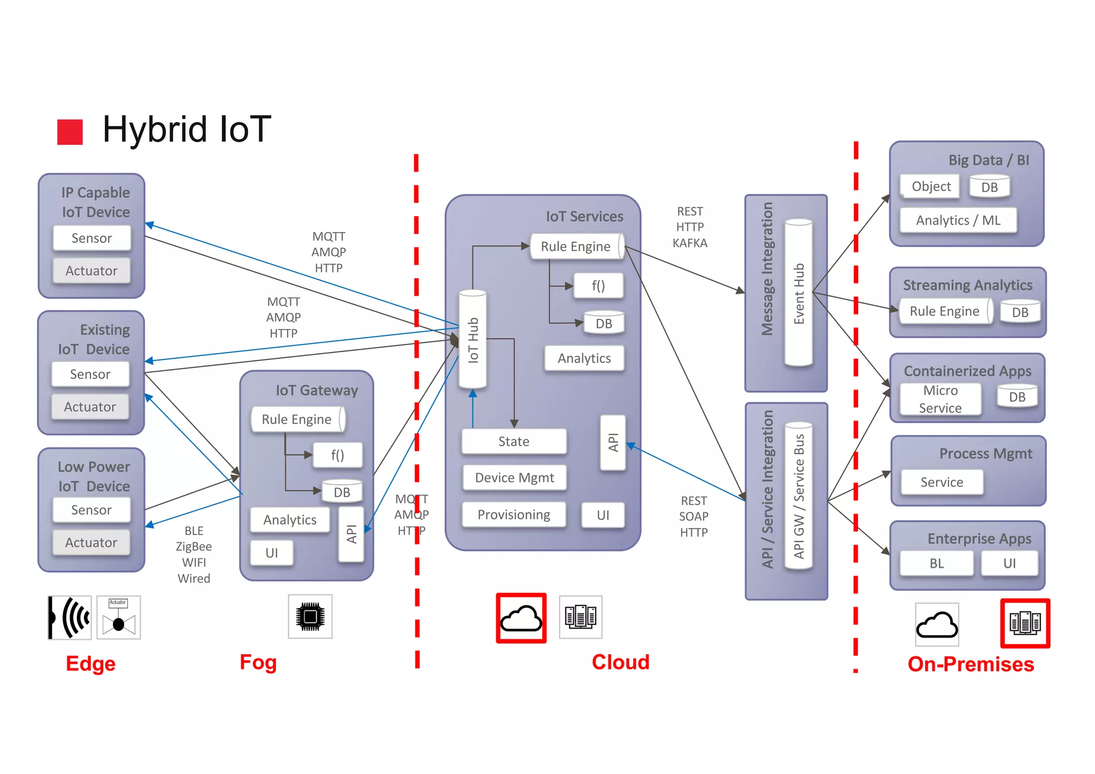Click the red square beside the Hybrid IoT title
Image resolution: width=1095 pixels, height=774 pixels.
[70, 132]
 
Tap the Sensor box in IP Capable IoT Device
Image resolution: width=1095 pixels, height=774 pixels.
[91, 238]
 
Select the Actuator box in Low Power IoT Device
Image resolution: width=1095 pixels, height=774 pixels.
[91, 542]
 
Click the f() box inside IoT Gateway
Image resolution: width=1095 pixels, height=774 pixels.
[337, 455]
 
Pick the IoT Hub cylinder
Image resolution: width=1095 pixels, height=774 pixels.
[473, 340]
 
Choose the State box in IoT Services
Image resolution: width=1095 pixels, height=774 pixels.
[513, 441]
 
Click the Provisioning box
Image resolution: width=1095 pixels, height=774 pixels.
[513, 515]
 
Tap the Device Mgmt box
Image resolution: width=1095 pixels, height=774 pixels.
[514, 478]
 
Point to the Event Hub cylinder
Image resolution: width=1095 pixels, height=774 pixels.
[799, 293]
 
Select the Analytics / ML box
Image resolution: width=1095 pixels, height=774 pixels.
[958, 220]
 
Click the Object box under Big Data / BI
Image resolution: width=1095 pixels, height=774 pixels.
[930, 187]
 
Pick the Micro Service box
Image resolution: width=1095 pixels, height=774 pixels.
[940, 399]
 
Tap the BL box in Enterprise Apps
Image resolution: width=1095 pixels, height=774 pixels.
[936, 563]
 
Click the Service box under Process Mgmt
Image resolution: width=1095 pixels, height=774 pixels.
[942, 482]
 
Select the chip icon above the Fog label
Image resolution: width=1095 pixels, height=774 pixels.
[310, 617]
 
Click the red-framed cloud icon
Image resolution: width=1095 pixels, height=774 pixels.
[521, 618]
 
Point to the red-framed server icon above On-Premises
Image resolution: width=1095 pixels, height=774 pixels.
[1025, 623]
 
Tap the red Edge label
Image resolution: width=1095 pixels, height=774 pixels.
[90, 663]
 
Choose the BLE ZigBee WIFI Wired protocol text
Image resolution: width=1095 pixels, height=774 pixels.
[194, 555]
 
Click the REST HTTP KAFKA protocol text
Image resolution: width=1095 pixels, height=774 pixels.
[690, 227]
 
